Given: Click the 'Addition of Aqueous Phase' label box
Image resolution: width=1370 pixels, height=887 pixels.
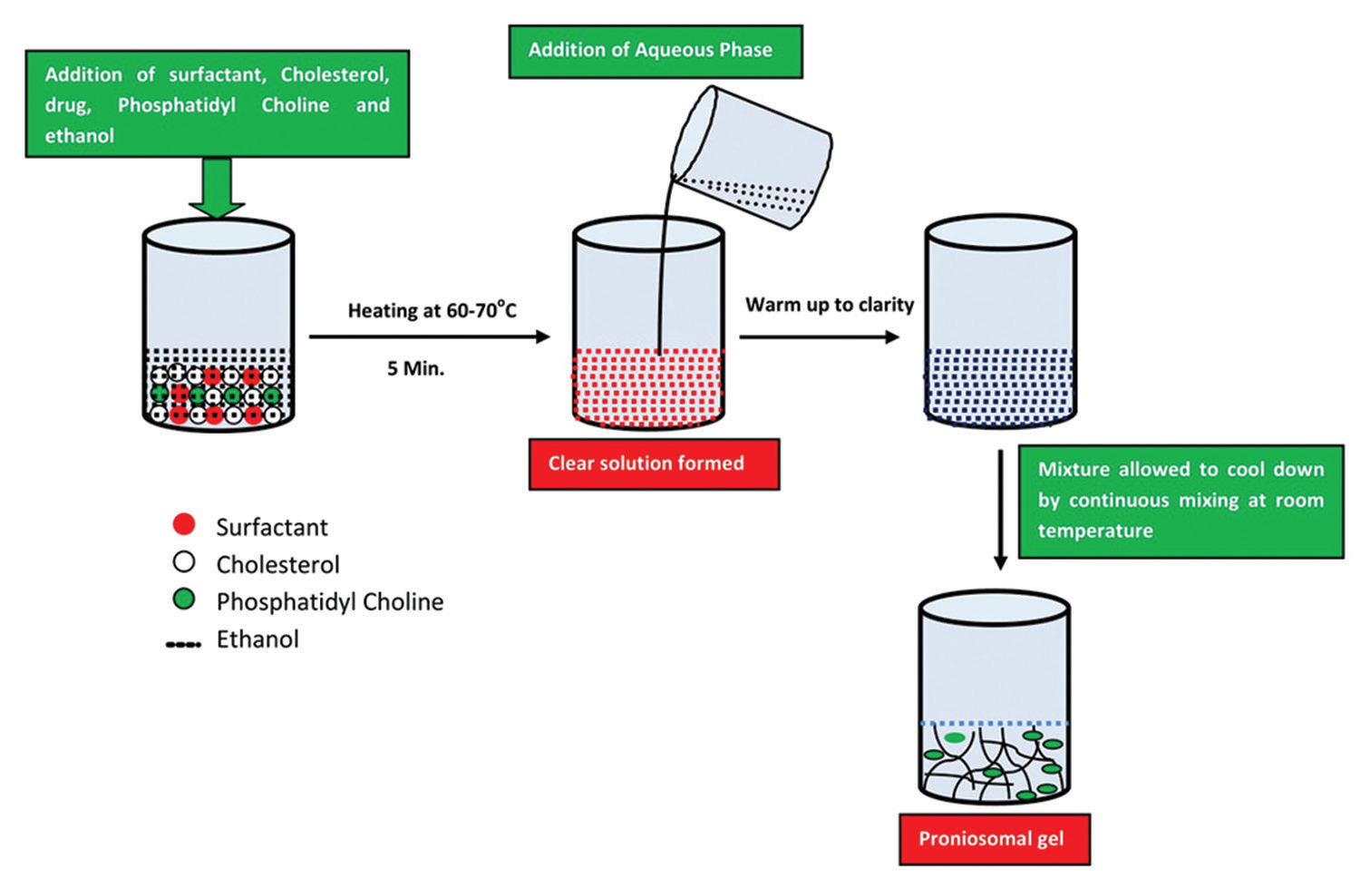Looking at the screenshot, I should (655, 51).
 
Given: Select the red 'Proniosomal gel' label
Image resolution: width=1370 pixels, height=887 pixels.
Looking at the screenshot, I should (994, 838).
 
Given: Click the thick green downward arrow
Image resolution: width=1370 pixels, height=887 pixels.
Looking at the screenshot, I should (217, 187).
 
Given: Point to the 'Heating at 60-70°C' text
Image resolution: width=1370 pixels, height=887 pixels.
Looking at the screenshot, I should (432, 311).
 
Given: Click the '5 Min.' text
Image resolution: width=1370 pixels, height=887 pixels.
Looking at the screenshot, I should (415, 369).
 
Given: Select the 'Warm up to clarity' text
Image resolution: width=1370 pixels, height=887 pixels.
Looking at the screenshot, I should (829, 305).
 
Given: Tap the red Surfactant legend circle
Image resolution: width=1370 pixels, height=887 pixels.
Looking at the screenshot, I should (184, 524).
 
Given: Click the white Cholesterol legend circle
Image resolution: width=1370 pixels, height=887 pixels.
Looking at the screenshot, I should (184, 562).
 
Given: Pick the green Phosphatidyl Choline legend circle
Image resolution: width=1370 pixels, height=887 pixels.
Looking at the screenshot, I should (184, 599).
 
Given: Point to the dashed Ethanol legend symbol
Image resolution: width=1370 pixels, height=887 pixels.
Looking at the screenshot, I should (183, 645).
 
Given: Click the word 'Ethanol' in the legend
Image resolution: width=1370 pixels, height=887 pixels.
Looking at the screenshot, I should (257, 639).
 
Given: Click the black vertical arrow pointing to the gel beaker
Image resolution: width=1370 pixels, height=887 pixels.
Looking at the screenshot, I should (1000, 508).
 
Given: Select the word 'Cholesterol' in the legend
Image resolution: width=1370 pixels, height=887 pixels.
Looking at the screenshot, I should (277, 564).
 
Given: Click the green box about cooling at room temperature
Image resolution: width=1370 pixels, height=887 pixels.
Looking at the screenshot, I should (1181, 501).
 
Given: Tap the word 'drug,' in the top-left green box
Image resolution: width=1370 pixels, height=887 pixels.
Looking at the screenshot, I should (68, 105).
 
